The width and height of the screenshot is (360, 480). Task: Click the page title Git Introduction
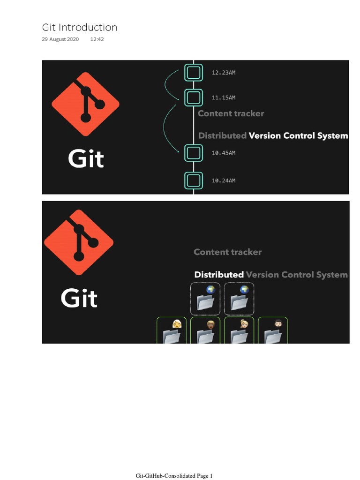[79, 28]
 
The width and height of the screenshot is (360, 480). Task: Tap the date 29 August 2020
[60, 39]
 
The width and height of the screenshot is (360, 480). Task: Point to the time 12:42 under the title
[97, 39]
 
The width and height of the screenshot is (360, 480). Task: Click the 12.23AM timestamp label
[224, 73]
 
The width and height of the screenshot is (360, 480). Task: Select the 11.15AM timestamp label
[224, 97]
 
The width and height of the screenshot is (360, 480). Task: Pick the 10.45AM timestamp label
[224, 153]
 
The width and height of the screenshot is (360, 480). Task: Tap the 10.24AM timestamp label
[224, 180]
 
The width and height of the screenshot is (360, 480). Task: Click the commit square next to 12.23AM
[194, 72]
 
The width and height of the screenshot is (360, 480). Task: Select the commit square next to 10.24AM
[194, 180]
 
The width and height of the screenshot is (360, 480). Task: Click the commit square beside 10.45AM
[194, 153]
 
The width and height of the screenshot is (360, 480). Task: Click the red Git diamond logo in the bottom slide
[79, 242]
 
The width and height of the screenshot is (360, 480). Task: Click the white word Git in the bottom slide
[79, 298]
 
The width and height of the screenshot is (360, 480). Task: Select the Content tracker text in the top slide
[231, 113]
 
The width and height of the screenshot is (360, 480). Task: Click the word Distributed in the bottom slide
[219, 275]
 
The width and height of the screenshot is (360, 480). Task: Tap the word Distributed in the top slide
[222, 136]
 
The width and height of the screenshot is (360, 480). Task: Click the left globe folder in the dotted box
[205, 300]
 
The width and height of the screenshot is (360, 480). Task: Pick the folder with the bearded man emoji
[273, 332]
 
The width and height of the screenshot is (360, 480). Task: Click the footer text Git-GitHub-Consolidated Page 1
[174, 476]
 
